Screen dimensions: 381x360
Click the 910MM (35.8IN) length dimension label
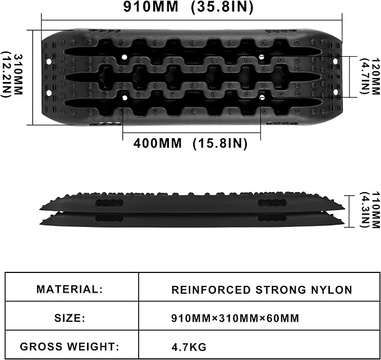[189, 7]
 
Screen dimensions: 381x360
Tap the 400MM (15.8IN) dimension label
[190, 143]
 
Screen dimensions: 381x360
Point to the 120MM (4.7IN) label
[369, 76]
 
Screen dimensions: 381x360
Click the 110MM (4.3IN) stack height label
[369, 209]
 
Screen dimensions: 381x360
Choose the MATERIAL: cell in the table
[70, 289]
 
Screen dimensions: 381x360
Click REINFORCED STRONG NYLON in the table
[261, 290]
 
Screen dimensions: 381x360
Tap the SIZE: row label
[70, 318]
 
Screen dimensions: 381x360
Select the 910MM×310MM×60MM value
[235, 318]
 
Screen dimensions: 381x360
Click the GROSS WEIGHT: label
[70, 347]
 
